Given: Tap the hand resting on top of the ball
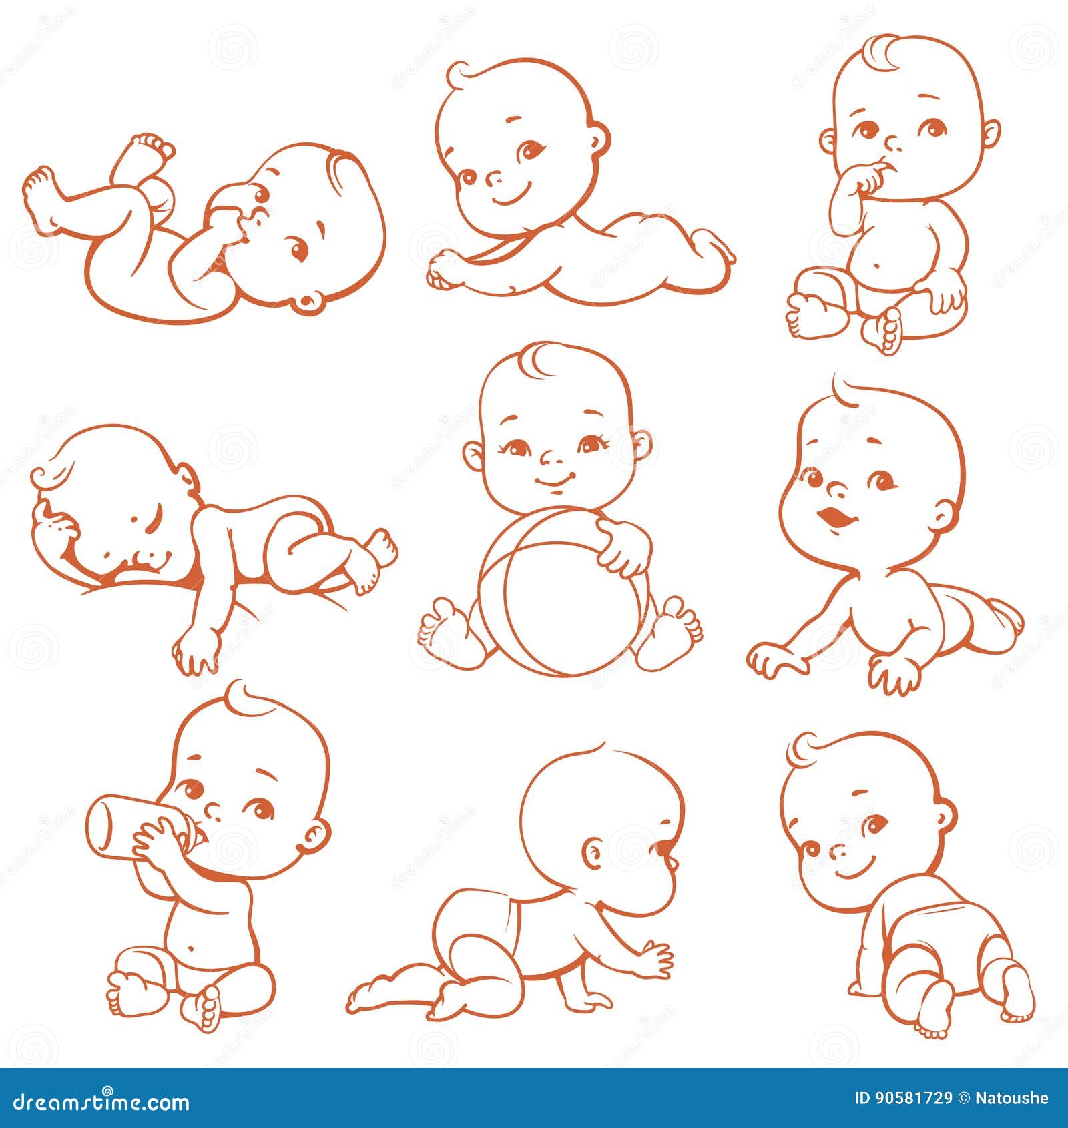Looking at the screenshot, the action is pos(623,547).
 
